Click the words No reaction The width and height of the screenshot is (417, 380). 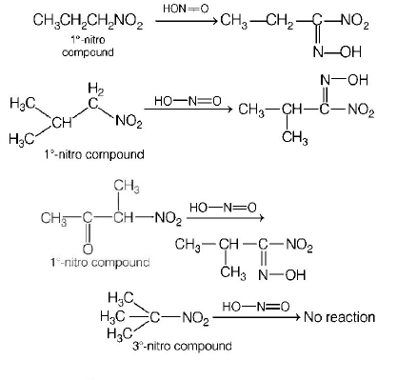coord(339,317)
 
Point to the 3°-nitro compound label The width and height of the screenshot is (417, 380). coord(182,345)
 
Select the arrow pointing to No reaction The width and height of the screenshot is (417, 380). coord(254,318)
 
